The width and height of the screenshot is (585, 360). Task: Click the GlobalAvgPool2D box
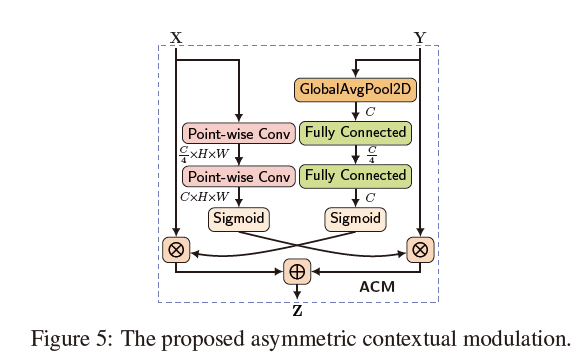click(x=354, y=89)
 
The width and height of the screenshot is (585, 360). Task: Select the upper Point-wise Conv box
click(x=238, y=133)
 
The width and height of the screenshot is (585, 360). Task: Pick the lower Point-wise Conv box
click(x=238, y=176)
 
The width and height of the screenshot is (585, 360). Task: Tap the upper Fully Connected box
click(x=355, y=132)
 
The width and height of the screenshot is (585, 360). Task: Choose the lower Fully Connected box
click(x=355, y=175)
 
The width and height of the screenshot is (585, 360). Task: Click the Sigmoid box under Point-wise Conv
click(x=238, y=218)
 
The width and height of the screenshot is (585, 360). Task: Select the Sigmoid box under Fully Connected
click(x=355, y=218)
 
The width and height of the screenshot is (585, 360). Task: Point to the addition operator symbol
click(x=297, y=271)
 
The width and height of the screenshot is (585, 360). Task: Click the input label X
click(x=176, y=38)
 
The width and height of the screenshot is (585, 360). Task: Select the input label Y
click(x=420, y=38)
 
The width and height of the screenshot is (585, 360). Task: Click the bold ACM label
click(x=377, y=287)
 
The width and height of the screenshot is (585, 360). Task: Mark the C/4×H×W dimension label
click(x=202, y=155)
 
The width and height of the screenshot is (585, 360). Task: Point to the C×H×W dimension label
click(x=204, y=197)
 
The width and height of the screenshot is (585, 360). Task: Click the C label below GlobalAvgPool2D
click(x=369, y=111)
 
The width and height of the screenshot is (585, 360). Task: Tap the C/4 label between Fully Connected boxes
click(x=370, y=154)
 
